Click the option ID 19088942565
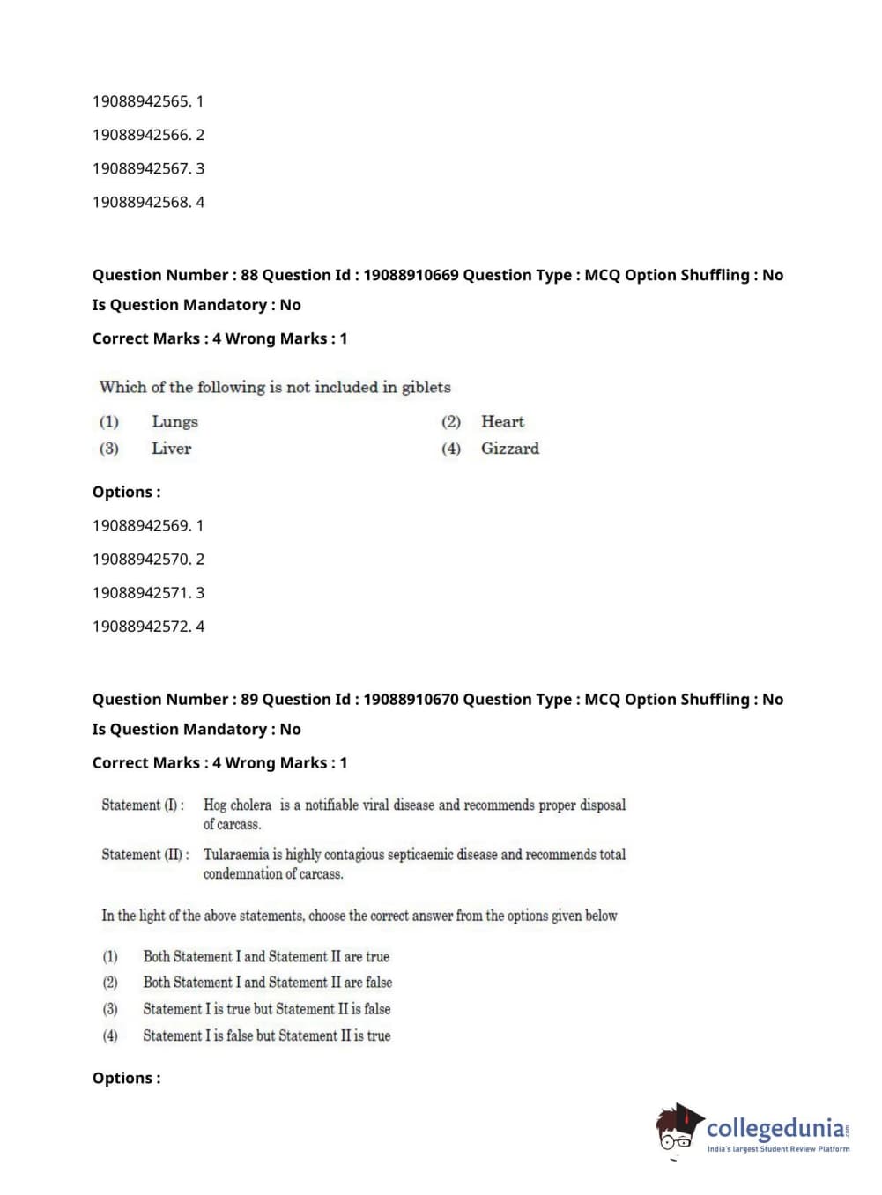click(141, 101)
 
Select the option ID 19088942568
click(141, 202)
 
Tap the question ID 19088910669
click(411, 275)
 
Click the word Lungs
click(174, 422)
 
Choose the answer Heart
click(502, 422)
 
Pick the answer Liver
click(171, 449)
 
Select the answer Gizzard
click(509, 449)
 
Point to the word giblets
click(426, 387)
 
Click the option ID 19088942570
click(141, 560)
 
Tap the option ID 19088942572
click(141, 627)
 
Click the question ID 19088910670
click(411, 700)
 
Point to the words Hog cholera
click(237, 805)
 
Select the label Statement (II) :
click(145, 854)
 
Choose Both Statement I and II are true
click(266, 956)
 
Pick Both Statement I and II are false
click(268, 982)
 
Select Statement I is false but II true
click(267, 1035)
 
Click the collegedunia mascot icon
click(678, 1129)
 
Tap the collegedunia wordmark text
click(775, 1128)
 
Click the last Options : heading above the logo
click(127, 1078)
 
